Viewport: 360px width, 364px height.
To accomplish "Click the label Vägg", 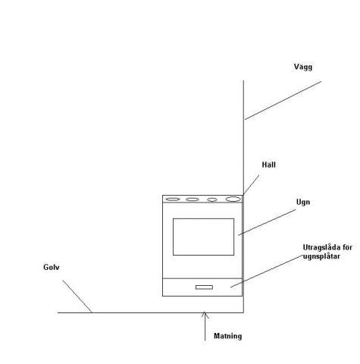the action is pos(303,67).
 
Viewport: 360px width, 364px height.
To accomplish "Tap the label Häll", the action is pos(268,165).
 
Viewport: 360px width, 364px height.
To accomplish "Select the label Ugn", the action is pos(303,202).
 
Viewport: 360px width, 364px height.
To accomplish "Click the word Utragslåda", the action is pos(321,247).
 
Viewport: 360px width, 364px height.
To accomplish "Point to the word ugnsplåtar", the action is pos(321,256).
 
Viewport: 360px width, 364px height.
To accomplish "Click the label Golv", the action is pos(52,267).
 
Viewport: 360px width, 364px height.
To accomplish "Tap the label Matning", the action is pos(227,336).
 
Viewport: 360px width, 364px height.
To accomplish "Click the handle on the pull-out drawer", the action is pos(204,287).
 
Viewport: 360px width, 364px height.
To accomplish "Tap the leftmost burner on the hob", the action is pos(173,199).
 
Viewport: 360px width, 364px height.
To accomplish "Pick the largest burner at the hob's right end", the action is pos(233,199).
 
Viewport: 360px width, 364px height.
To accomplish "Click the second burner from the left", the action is pos(193,199).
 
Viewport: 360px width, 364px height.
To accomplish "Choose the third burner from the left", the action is pos(212,199).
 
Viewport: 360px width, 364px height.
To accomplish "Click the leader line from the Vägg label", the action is pos(283,100).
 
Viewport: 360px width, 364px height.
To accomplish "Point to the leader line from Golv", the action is pos(77,297).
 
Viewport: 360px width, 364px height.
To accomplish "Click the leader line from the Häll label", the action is pos(252,184).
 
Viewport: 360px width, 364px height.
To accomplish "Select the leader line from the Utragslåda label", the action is pos(267,271).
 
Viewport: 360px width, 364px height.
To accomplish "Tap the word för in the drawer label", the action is pos(347,247).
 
